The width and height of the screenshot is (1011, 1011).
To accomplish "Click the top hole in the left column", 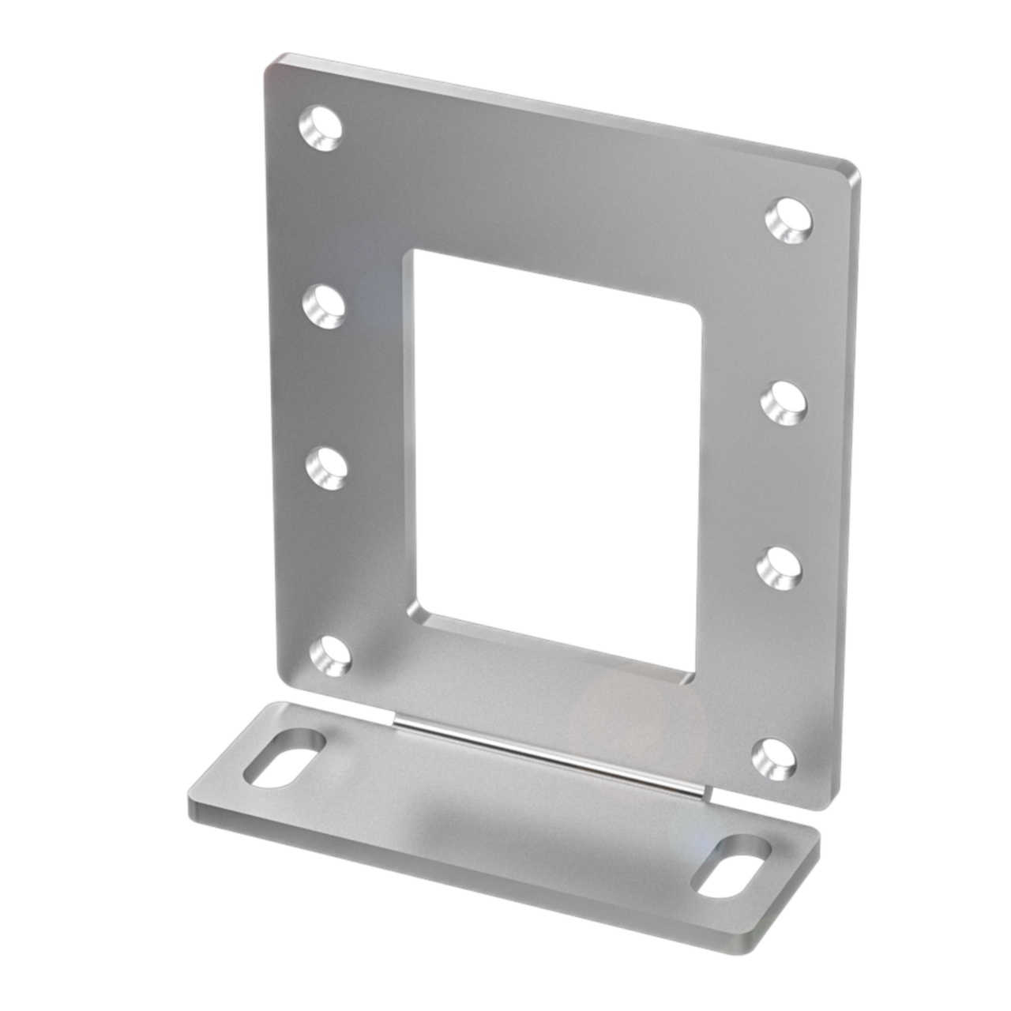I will pos(320,128).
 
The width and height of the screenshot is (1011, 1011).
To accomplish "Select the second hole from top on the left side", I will pos(324,306).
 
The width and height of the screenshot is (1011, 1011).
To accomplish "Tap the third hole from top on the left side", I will pos(327,467).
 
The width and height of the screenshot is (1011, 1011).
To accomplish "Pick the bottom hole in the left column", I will pos(330,655).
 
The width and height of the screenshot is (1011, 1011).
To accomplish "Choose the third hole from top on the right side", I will pos(780,568).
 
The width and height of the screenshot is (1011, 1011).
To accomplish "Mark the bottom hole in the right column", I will pos(773,757).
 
